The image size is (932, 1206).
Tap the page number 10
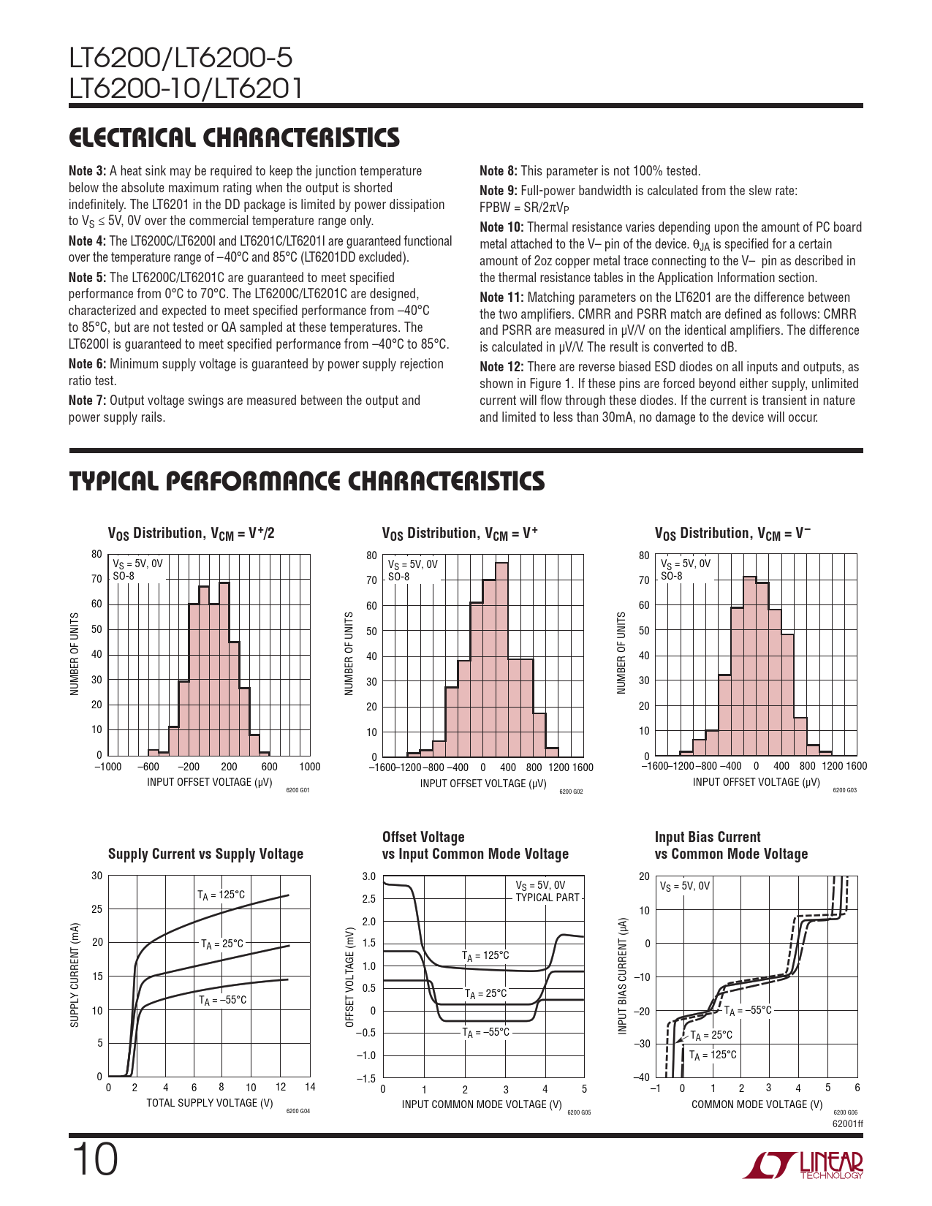coord(94,1160)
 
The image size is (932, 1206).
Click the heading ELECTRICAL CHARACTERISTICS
coord(234,137)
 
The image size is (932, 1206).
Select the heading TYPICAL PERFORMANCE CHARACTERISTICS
coord(306,481)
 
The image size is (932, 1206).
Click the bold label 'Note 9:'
coord(498,191)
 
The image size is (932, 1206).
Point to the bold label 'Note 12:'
coord(501,367)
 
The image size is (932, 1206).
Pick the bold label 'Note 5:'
coord(87,278)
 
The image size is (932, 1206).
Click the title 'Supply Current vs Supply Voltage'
coord(205,854)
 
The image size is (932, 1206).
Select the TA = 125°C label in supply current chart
coord(221,895)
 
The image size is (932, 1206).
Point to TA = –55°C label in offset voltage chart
coord(485,1032)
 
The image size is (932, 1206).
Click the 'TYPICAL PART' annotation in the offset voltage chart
coord(548,898)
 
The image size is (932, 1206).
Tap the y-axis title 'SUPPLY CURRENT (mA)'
coord(75,975)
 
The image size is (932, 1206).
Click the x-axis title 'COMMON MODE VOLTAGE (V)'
coord(757,1104)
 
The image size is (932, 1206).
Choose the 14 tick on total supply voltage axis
coord(310,1087)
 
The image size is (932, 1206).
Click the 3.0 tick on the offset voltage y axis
coord(369,876)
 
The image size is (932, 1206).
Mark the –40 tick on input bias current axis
coord(643,1077)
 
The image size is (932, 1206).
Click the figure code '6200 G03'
coord(844,790)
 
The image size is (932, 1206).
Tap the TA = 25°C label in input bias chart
coord(711,1035)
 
